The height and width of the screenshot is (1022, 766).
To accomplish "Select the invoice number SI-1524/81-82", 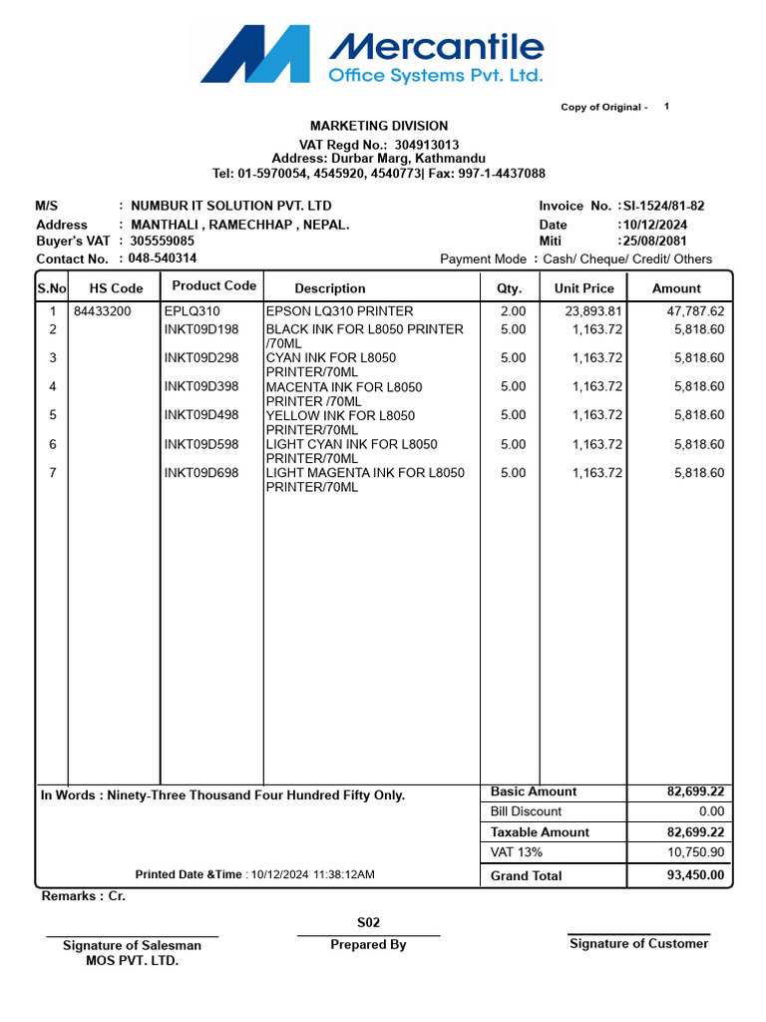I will (663, 206).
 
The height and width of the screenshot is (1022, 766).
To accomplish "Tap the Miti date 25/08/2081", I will (655, 242).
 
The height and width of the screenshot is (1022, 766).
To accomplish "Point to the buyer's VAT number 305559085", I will (163, 241).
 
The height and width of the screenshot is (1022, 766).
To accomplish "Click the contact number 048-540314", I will (163, 257).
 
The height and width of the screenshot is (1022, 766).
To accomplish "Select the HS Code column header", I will (117, 288).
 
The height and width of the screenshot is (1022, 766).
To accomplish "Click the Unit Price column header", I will (584, 288).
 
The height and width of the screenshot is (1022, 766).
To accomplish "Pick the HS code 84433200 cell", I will (102, 311).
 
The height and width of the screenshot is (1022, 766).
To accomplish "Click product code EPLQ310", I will (192, 311).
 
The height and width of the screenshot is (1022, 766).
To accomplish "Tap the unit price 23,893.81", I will (594, 311).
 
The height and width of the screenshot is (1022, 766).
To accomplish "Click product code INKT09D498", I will (201, 415).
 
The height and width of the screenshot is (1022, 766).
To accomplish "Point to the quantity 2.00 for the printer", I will (513, 311).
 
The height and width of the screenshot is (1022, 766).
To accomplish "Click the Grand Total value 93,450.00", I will (695, 876).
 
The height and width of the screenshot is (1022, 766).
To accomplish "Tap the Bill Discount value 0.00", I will (711, 812).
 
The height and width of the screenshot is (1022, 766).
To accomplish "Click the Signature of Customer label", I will (638, 944).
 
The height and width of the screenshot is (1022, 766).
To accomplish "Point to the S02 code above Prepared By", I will (368, 923).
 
